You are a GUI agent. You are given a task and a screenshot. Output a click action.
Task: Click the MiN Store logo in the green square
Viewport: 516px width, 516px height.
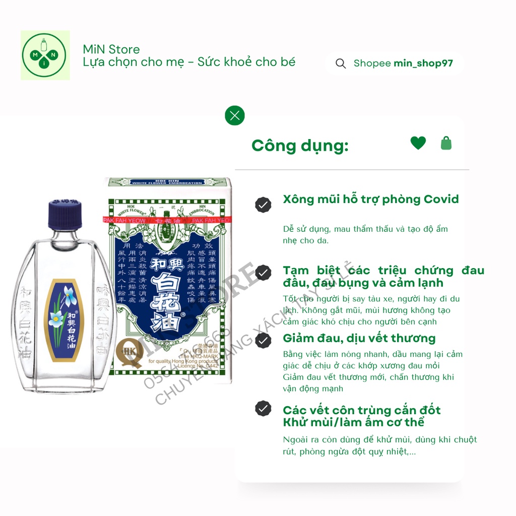pos(45,55)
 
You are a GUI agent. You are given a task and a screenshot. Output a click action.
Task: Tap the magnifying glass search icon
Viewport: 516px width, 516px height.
pos(341,63)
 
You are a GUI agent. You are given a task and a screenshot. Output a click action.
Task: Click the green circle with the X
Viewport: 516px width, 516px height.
pos(234,115)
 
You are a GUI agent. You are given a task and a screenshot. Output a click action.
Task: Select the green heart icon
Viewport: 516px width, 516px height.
pos(418,143)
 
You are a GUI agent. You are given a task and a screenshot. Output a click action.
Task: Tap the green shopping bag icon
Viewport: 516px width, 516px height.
pos(446,143)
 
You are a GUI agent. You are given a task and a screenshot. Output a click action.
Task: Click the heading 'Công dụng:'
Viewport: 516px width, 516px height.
pos(300,146)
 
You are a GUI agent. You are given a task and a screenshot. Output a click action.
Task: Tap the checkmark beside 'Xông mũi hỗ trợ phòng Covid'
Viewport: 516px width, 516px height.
pos(263,204)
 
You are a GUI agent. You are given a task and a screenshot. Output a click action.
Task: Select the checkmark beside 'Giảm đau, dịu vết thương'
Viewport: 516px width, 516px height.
pos(263,341)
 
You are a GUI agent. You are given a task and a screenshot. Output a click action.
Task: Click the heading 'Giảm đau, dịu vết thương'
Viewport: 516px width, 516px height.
pos(359,338)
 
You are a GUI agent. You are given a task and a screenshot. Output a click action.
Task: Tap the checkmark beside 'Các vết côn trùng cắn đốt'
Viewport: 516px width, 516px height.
pos(263,408)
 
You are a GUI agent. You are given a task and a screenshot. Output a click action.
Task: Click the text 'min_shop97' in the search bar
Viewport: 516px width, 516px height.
pos(423,63)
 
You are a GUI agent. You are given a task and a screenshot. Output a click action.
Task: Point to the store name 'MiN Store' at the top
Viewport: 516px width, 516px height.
pos(111,49)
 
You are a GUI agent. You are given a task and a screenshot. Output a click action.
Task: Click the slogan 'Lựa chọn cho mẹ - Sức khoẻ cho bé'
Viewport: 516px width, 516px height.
pos(189,62)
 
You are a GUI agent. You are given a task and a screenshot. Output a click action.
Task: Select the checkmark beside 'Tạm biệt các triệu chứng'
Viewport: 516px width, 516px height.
pos(263,273)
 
